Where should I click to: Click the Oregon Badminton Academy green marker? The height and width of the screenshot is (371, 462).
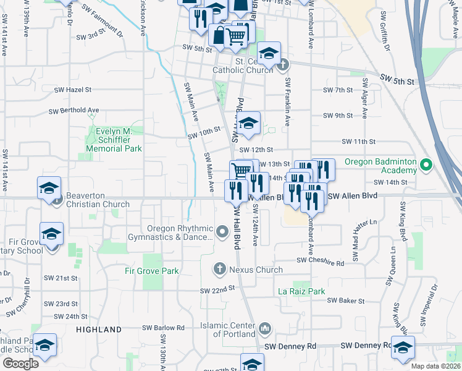425,165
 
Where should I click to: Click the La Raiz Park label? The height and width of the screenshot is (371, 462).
301,291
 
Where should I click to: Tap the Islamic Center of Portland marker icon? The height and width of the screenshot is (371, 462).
265,327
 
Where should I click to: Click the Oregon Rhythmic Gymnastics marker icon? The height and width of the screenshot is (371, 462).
224,232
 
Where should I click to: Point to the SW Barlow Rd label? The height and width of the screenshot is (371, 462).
164,328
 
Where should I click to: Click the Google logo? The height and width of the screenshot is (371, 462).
20,363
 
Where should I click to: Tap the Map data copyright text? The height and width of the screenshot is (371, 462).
436,366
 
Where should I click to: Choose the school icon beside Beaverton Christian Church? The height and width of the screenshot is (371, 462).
49,189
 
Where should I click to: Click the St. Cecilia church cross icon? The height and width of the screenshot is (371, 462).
282,64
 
